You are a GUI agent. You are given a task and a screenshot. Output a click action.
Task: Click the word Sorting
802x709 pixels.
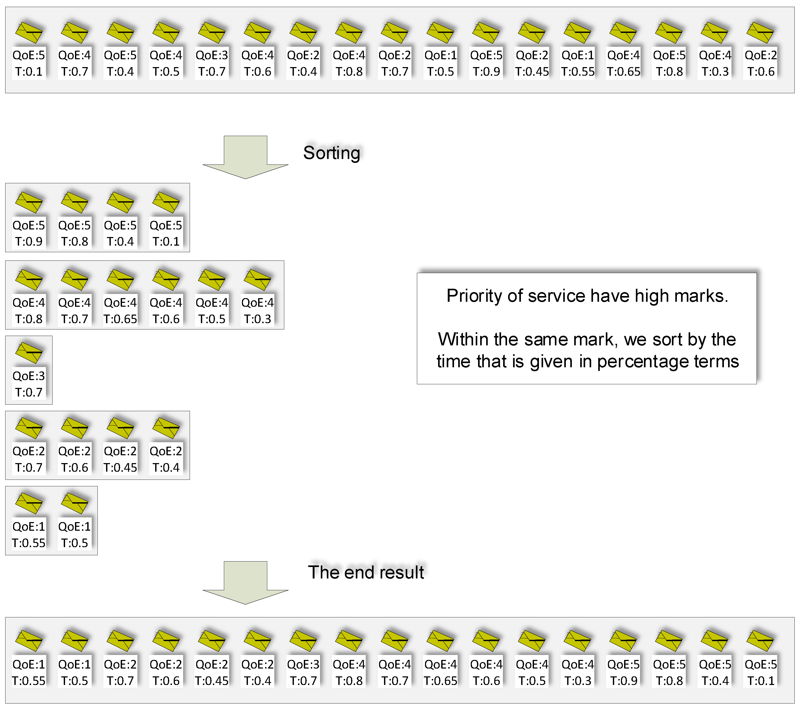(332, 153)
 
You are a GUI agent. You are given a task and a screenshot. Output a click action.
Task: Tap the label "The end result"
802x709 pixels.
(366, 572)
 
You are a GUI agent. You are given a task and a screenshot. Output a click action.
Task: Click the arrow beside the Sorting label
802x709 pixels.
(245, 157)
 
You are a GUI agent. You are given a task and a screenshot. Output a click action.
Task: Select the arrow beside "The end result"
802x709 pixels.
(245, 582)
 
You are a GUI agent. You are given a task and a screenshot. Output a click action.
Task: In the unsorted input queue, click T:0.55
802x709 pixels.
(578, 72)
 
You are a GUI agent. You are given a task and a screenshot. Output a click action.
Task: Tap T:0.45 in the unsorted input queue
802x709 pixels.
(532, 72)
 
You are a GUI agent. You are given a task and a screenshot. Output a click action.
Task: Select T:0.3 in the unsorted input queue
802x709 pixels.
(715, 72)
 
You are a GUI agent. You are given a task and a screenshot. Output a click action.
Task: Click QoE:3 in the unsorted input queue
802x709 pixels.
(212, 55)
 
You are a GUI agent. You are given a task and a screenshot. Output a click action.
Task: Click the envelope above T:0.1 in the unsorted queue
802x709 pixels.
(29, 32)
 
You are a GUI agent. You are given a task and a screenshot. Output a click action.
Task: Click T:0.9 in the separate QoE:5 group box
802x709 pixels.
(29, 241)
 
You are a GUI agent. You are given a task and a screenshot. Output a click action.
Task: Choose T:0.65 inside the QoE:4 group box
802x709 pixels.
(120, 319)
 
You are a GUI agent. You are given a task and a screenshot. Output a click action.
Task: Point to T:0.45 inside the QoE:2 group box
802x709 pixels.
(120, 468)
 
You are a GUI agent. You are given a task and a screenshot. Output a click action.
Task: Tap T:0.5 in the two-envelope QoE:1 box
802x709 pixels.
(74, 543)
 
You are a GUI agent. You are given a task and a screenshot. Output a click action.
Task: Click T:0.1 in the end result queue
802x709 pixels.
(761, 681)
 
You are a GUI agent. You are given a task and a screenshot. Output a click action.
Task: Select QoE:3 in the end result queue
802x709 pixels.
(303, 665)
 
